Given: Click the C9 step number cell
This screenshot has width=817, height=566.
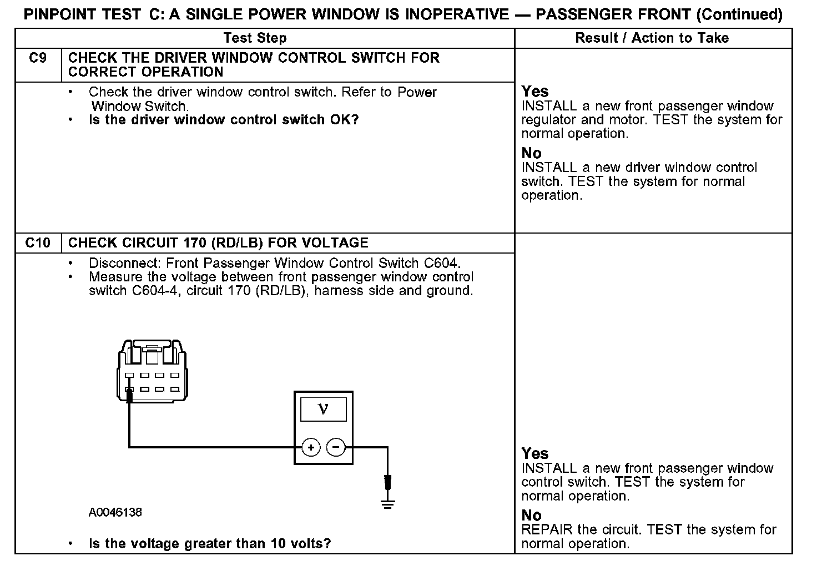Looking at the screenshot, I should (38, 58).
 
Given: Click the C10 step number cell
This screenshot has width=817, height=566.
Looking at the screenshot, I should (38, 243).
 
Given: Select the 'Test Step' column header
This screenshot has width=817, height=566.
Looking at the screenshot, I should (255, 38).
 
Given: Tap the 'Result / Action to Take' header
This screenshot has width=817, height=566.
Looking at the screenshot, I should (652, 38).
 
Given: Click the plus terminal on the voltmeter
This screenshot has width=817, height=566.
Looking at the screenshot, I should (311, 447).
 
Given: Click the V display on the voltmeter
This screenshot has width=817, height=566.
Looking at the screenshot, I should (323, 410).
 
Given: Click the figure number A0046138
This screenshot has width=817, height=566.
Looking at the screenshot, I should (115, 512).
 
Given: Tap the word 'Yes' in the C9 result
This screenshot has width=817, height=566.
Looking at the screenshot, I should (534, 92).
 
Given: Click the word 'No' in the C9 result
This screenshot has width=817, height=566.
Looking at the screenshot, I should (531, 153).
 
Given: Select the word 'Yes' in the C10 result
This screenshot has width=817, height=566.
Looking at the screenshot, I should (534, 454).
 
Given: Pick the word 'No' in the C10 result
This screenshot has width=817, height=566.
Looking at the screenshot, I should (531, 516).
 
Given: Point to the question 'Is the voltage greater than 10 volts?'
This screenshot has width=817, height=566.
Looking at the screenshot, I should (210, 544).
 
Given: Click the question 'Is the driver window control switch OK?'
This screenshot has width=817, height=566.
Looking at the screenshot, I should (224, 120).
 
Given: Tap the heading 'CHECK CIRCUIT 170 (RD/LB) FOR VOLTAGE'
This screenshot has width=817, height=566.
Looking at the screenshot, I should (218, 243).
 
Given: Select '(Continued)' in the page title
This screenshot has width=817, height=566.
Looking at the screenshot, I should (740, 14).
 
